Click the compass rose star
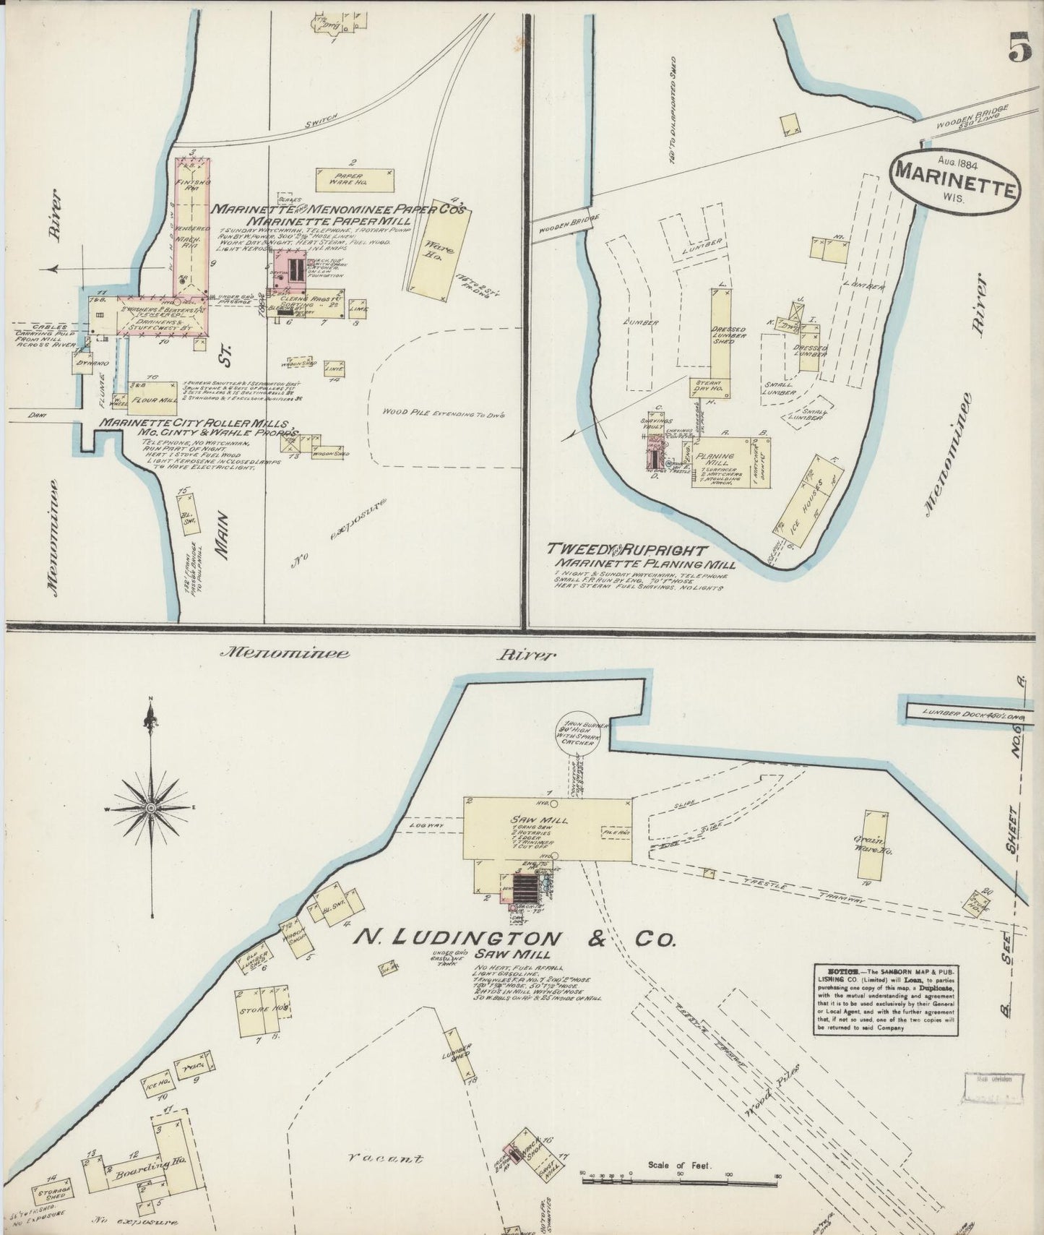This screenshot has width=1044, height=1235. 150,806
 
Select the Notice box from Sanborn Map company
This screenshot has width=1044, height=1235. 886,1000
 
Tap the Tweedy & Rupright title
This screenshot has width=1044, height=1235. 626,550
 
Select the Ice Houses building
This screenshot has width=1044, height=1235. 809,493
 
